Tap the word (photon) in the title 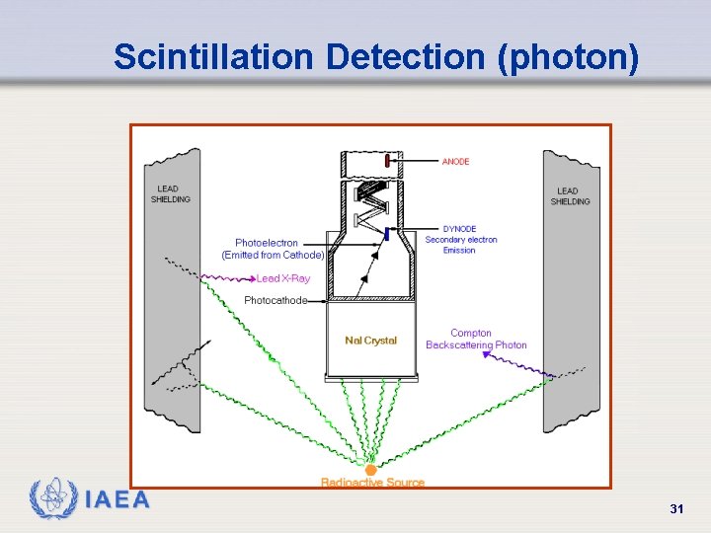[x=569, y=57]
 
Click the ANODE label [x=455, y=162]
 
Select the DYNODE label [x=459, y=229]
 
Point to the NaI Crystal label [x=370, y=341]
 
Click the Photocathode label [x=276, y=300]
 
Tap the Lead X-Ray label [x=283, y=278]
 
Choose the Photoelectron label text [x=267, y=243]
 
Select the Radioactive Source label [x=372, y=483]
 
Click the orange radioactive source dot [x=371, y=470]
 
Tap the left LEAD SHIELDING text [x=170, y=194]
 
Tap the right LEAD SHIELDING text [x=570, y=196]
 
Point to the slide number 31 [x=676, y=508]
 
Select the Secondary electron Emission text [x=461, y=245]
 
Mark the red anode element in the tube [x=388, y=161]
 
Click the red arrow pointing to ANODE [x=419, y=161]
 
